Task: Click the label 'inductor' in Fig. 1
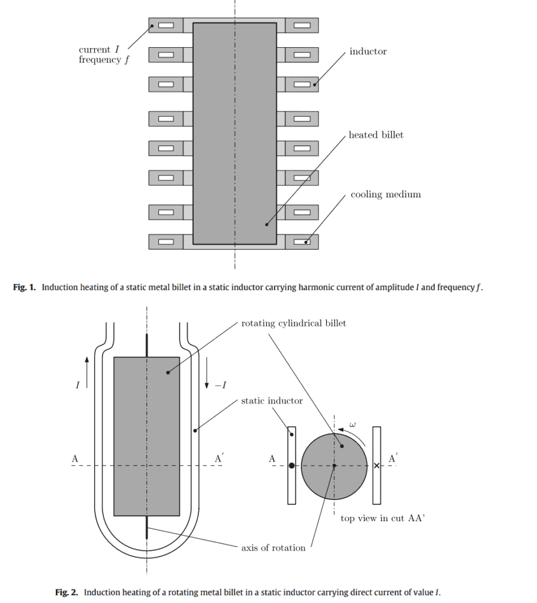tap(368, 52)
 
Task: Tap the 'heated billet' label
tap(376, 135)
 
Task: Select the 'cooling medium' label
tap(386, 195)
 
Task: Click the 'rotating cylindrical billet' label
tap(293, 323)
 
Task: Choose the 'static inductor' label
tap(271, 401)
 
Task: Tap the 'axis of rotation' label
tap(273, 548)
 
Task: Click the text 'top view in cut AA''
tap(383, 519)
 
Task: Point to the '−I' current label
tap(220, 386)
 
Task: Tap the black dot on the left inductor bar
tap(291, 466)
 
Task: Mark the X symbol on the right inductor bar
tap(377, 466)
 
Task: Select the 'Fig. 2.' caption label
tap(67, 592)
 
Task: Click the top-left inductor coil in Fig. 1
tap(165, 25)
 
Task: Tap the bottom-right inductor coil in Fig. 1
tap(301, 241)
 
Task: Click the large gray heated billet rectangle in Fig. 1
tap(234, 133)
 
